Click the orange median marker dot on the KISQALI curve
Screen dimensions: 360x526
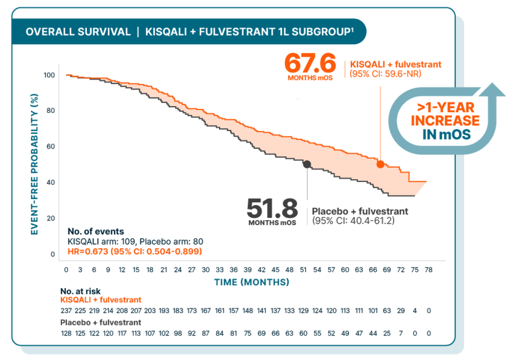[380, 164]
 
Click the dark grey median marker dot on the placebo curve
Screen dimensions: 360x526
[307, 164]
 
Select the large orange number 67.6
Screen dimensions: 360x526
[310, 62]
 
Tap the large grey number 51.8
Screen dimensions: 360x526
[272, 208]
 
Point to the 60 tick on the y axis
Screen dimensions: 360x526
[51, 147]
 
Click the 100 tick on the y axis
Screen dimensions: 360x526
[49, 75]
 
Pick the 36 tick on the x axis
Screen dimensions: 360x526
[233, 270]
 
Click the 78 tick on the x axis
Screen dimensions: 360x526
[429, 270]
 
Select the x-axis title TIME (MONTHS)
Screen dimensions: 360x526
[251, 282]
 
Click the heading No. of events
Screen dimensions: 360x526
[95, 231]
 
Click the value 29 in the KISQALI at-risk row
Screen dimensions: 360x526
[401, 311]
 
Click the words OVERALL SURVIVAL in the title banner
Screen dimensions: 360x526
[78, 32]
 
